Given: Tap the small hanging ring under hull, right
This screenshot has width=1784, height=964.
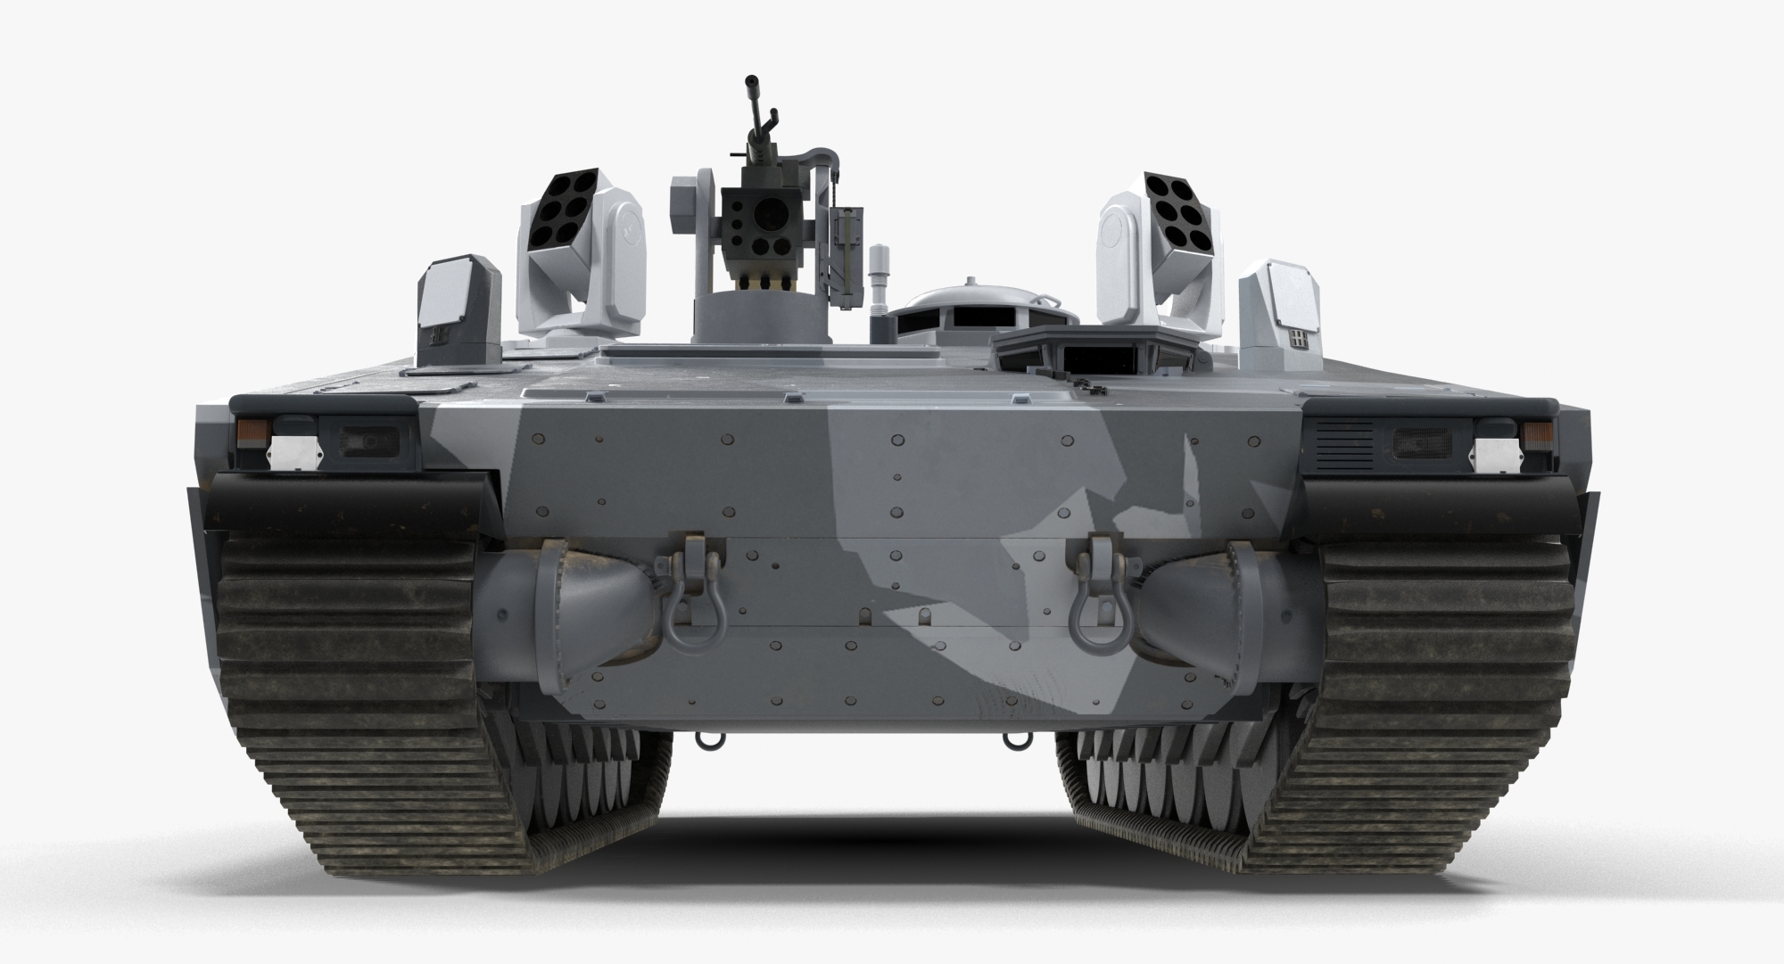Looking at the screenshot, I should tap(1012, 740).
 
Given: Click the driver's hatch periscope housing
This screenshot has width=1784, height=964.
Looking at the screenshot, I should tap(1099, 348).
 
